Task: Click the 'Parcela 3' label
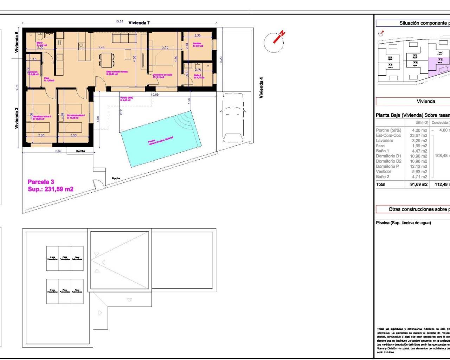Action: click(41, 182)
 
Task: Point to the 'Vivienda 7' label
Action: click(139, 23)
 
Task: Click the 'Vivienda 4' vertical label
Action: click(261, 88)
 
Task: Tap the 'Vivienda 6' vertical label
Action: click(16, 42)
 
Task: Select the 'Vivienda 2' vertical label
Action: click(16, 118)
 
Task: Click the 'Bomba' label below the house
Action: click(81, 151)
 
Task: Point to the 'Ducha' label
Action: click(116, 179)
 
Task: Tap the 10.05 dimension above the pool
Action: click(155, 95)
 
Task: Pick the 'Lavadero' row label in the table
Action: click(385, 141)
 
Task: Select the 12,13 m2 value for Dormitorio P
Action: click(419, 167)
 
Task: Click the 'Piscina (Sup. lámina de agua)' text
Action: click(403, 223)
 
